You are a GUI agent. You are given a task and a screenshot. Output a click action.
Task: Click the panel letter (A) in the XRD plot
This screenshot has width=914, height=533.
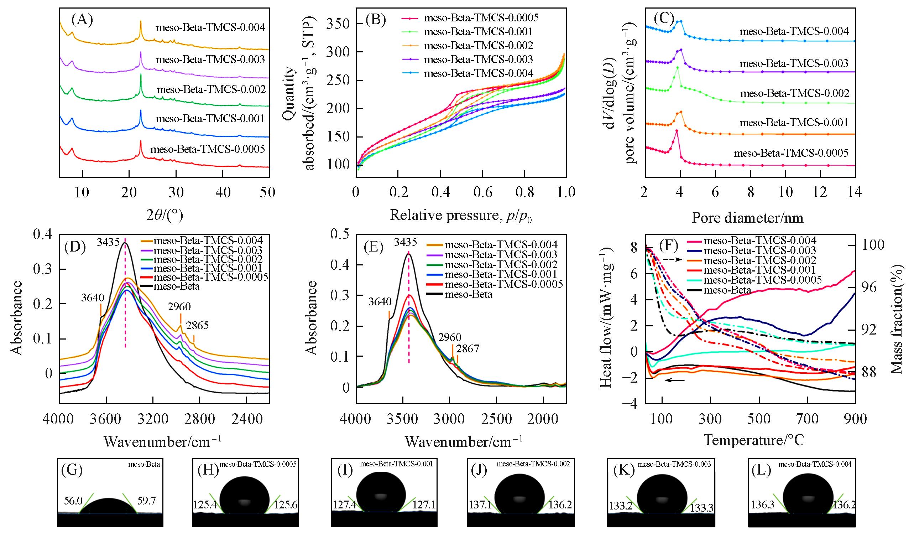pyautogui.click(x=82, y=20)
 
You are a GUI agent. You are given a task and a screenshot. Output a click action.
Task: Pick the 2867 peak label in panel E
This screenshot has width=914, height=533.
pyautogui.click(x=468, y=349)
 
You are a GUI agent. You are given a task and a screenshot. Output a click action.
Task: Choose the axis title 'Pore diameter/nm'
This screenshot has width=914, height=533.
pyautogui.click(x=747, y=218)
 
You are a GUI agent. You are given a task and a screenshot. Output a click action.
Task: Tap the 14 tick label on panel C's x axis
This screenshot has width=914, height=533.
pyautogui.click(x=855, y=192)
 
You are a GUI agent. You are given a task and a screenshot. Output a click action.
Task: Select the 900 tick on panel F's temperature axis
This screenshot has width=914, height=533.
pyautogui.click(x=855, y=419)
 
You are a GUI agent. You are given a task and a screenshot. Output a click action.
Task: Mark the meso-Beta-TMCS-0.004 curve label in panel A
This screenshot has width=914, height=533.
pyautogui.click(x=211, y=27)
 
